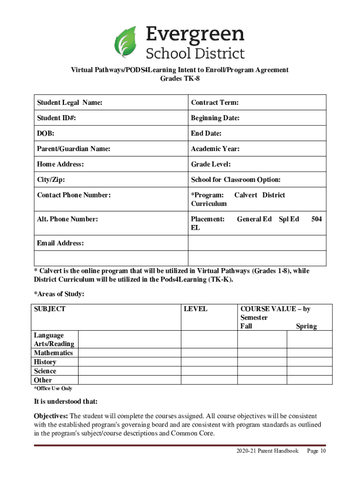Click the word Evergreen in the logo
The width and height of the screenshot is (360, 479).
pyautogui.click(x=195, y=34)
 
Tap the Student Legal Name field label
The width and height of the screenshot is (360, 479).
pyautogui.click(x=70, y=102)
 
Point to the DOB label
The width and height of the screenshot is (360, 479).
pyautogui.click(x=45, y=134)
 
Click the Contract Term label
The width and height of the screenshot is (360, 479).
pyautogui.click(x=215, y=102)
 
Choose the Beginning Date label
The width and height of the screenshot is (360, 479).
pyautogui.click(x=215, y=118)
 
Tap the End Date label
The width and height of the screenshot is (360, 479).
pyautogui.click(x=206, y=134)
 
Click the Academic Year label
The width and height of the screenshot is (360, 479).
pyautogui.click(x=215, y=149)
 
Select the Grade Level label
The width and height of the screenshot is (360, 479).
pyautogui.click(x=211, y=164)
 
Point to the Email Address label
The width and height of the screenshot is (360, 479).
pyautogui.click(x=60, y=243)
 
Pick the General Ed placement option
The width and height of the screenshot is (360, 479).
pyautogui.click(x=254, y=219)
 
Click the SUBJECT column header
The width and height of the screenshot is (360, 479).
pyautogui.click(x=50, y=309)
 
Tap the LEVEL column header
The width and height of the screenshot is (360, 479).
pyautogui.click(x=196, y=309)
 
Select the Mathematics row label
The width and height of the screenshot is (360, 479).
pyautogui.click(x=53, y=353)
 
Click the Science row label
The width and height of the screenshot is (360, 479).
pyautogui.click(x=45, y=371)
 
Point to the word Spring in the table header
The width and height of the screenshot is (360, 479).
pyautogui.click(x=306, y=327)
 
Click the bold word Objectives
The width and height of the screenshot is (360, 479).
pyautogui.click(x=51, y=416)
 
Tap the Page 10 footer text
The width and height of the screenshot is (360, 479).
pyautogui.click(x=316, y=451)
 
